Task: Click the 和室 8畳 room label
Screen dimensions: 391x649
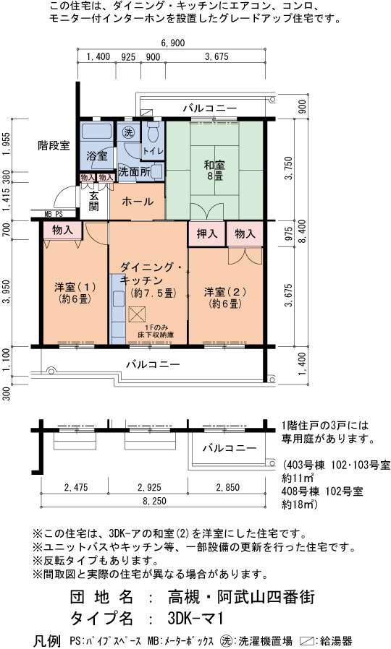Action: pyautogui.click(x=214, y=171)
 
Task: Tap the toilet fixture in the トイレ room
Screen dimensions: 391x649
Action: pyautogui.click(x=154, y=130)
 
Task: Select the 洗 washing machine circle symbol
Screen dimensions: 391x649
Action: pyautogui.click(x=128, y=132)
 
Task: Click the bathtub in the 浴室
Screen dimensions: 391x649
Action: pyautogui.click(x=96, y=132)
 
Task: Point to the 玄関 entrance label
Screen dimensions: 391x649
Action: pyautogui.click(x=93, y=201)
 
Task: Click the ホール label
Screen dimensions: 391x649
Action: pyautogui.click(x=138, y=202)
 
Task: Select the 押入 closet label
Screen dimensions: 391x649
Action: pyautogui.click(x=207, y=234)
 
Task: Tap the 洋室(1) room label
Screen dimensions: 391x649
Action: pyautogui.click(x=75, y=293)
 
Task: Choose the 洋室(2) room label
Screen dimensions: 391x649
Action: pyautogui.click(x=225, y=298)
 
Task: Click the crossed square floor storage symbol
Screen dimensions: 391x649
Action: pyautogui.click(x=136, y=314)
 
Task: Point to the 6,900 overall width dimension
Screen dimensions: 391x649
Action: pyautogui.click(x=172, y=43)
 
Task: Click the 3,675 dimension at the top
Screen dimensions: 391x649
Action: pyautogui.click(x=216, y=56)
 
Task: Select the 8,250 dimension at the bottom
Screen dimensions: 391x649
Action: pyautogui.click(x=155, y=501)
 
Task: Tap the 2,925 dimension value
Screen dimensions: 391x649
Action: pyautogui.click(x=148, y=487)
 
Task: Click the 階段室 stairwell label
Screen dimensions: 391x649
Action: pyautogui.click(x=54, y=145)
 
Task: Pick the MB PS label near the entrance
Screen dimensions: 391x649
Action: pyautogui.click(x=54, y=215)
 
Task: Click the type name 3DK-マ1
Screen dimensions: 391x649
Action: pyautogui.click(x=195, y=619)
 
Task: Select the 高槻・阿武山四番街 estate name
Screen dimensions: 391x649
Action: pyautogui.click(x=241, y=597)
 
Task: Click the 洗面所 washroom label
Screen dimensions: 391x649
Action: pyautogui.click(x=134, y=172)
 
